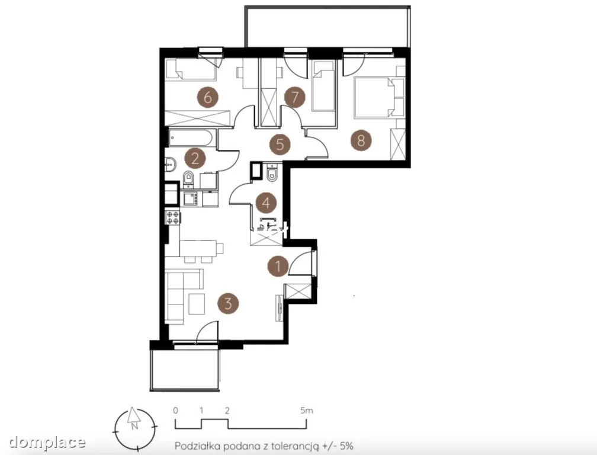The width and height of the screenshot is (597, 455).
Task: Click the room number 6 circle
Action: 207,98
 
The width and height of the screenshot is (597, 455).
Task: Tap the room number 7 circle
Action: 295,97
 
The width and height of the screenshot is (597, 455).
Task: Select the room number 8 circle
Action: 361,140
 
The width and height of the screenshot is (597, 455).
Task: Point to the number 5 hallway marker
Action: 280,145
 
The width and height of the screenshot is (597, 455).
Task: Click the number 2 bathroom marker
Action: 195,158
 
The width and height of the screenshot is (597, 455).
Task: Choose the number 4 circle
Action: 266,203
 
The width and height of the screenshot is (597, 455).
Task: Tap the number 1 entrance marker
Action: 278,266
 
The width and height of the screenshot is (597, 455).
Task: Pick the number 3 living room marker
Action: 228,303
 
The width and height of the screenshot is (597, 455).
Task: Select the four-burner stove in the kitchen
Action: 173,217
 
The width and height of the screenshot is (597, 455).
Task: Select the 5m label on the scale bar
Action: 307,411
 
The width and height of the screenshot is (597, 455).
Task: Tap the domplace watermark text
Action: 47,442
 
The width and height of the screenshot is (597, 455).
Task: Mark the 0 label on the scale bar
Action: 175,411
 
